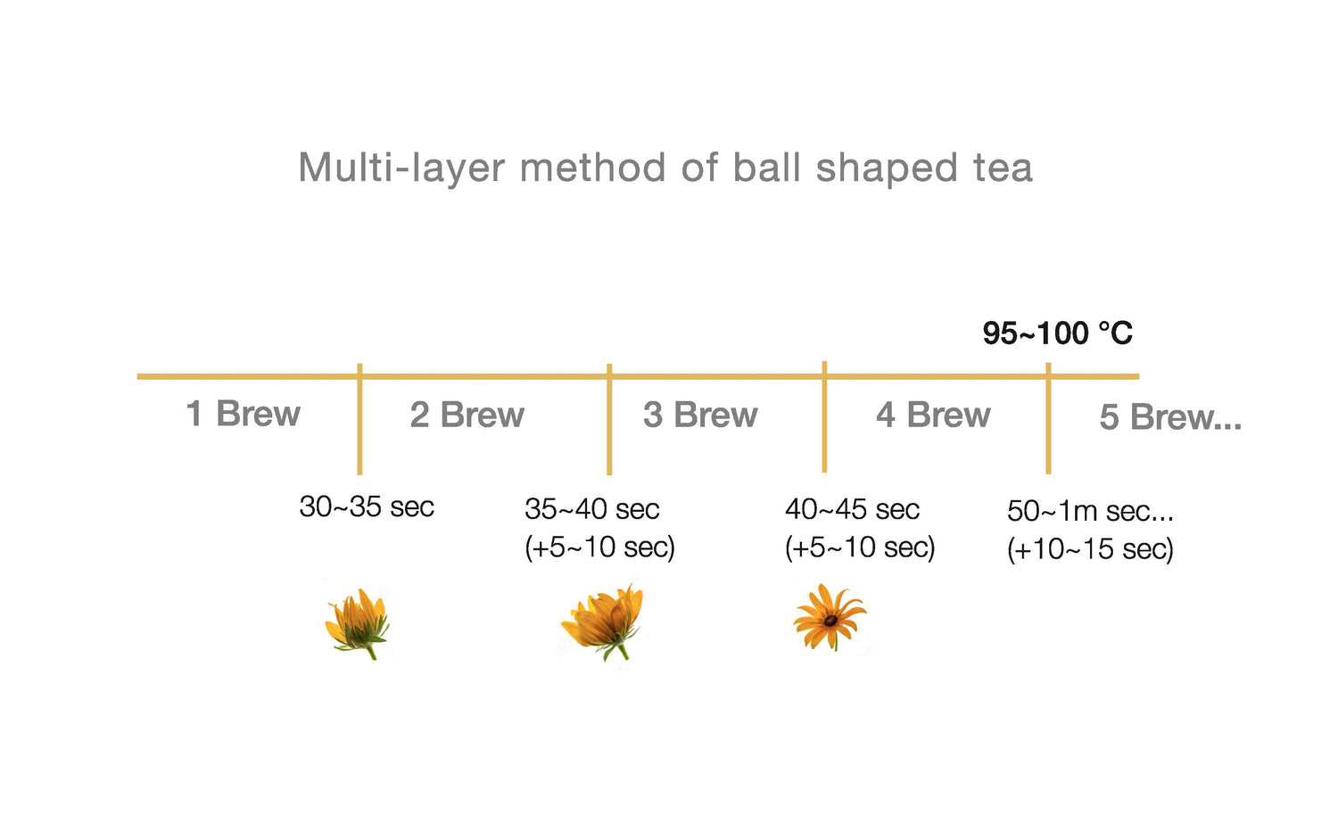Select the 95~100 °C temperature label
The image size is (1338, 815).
tap(1057, 333)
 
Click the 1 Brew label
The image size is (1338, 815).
tap(244, 413)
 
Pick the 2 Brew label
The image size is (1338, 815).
tap(467, 415)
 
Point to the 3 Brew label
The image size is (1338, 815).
tap(700, 415)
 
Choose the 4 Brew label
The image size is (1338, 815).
tap(933, 415)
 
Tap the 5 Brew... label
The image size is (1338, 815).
tap(1170, 416)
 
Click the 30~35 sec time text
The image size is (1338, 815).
tap(366, 506)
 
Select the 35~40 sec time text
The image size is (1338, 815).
tap(592, 509)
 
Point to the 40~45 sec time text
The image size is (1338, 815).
tap(853, 509)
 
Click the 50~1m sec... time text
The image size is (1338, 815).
tap(1090, 511)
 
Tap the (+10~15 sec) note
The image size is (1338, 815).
tap(1090, 548)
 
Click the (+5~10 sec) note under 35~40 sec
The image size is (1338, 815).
tap(599, 547)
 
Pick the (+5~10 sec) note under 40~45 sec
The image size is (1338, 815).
tap(860, 547)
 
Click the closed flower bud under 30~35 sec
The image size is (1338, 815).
tap(357, 622)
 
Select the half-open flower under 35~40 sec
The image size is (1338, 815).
tap(603, 622)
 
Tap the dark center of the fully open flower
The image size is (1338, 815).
tap(830, 621)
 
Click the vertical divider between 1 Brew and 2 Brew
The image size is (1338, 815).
tap(359, 419)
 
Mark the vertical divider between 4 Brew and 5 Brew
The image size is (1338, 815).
tap(1048, 418)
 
